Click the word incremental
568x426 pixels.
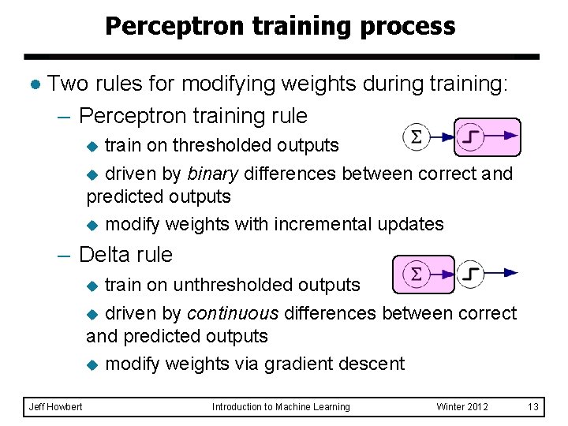click(x=322, y=224)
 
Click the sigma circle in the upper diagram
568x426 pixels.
click(x=417, y=136)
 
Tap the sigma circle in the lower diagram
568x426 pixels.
click(x=417, y=275)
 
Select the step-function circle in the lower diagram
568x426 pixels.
click(x=470, y=274)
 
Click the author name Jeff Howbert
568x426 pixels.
click(x=54, y=407)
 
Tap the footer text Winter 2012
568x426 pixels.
click(x=462, y=407)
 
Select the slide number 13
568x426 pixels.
click(x=533, y=407)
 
